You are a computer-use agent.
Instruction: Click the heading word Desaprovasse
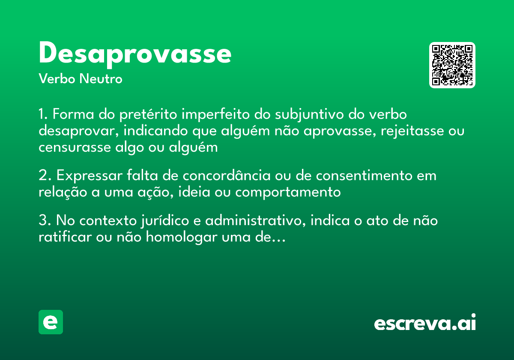[x=135, y=54]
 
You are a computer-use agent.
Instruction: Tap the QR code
[x=452, y=65]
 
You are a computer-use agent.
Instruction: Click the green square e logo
[x=51, y=322]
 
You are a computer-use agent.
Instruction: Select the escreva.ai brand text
[x=425, y=323]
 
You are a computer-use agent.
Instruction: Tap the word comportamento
[x=288, y=192]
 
